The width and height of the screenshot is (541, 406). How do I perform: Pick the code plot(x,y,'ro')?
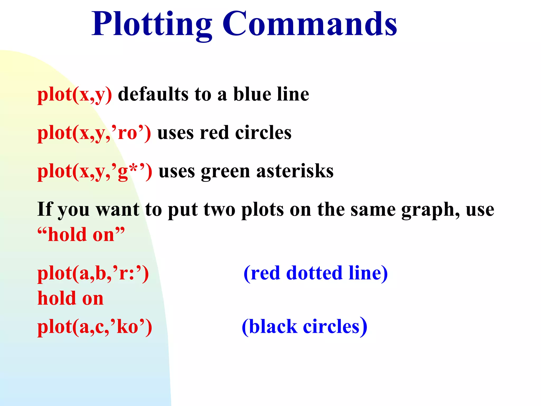pos(94,133)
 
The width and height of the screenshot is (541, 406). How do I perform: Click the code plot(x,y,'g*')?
pos(95,172)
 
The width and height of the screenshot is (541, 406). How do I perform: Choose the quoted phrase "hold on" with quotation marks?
pos(81,234)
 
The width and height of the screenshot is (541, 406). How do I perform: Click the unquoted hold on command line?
pos(71,298)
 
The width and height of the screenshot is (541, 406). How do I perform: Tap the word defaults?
pos(153,94)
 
